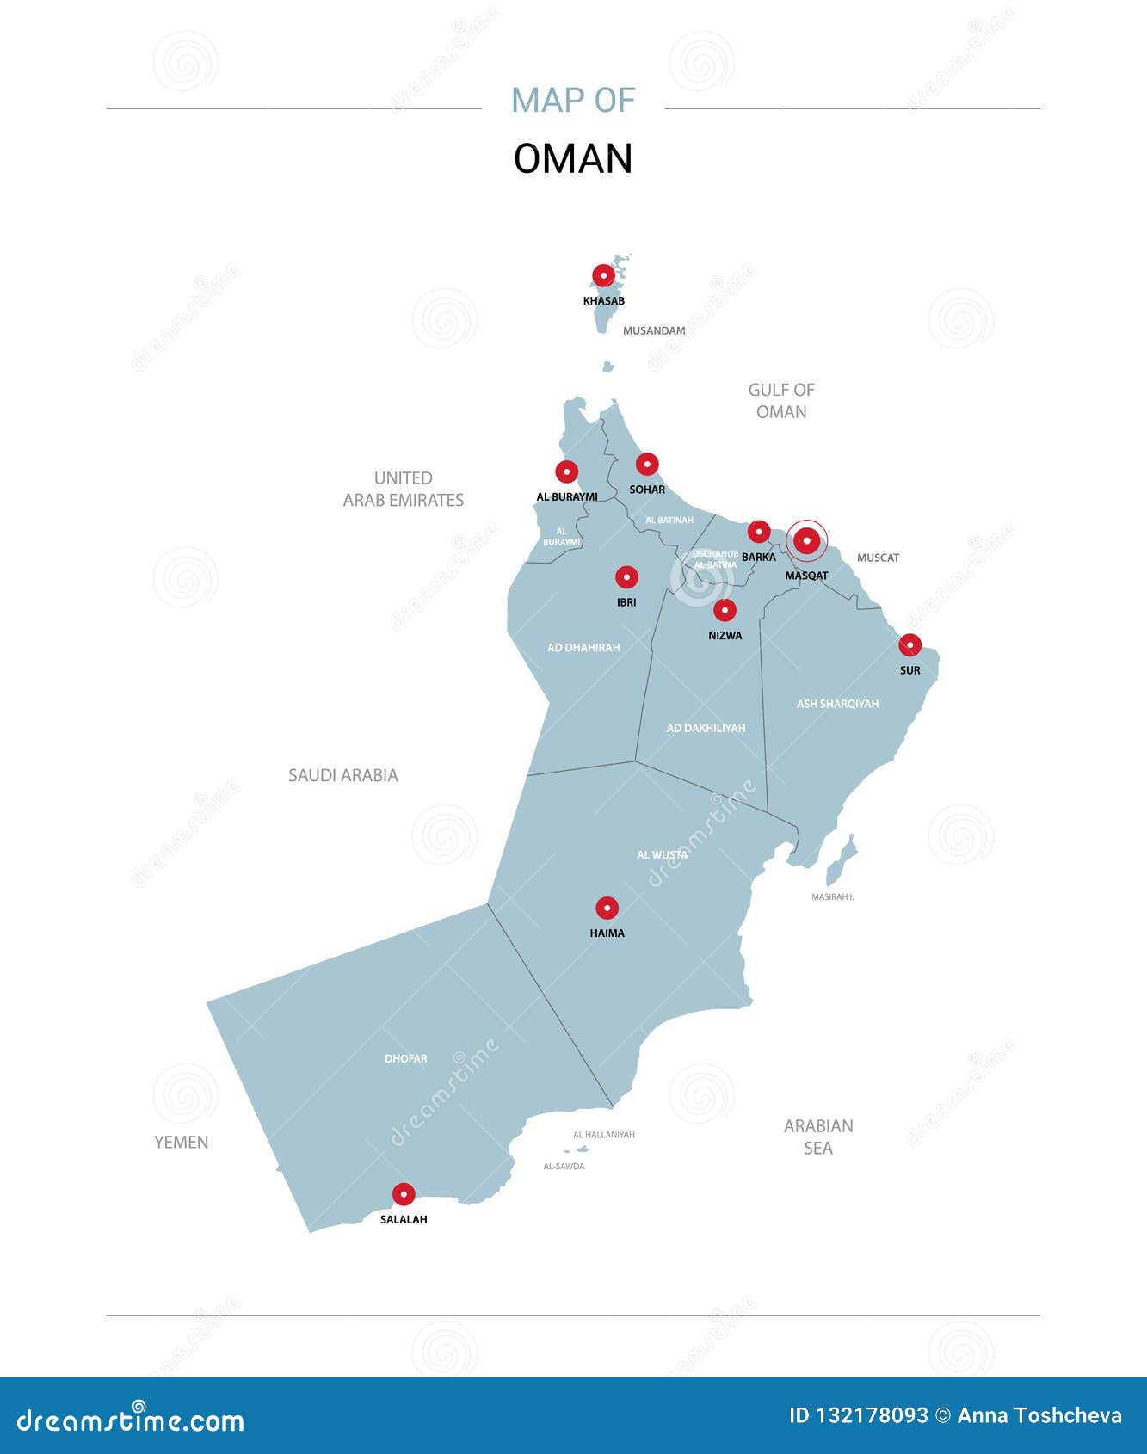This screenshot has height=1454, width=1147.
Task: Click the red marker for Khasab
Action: click(x=604, y=276)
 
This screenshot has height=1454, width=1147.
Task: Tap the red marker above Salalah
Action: click(x=404, y=1194)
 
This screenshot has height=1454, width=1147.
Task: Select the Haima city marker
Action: click(x=607, y=908)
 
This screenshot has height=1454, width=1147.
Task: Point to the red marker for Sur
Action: click(x=910, y=644)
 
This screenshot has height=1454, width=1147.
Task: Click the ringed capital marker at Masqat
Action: click(x=806, y=541)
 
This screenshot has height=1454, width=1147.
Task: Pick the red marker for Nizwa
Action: click(x=725, y=610)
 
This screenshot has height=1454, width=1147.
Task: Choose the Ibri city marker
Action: click(x=626, y=576)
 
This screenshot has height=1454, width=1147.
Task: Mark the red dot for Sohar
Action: click(x=647, y=465)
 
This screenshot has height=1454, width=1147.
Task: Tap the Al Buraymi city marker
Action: click(x=566, y=471)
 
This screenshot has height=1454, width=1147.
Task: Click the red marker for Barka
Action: click(x=758, y=531)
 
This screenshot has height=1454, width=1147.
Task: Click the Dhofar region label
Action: click(x=406, y=1058)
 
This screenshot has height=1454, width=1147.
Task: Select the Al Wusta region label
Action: click(x=662, y=855)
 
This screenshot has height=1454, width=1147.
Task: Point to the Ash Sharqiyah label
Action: click(x=837, y=704)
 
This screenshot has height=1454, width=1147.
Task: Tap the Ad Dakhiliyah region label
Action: click(x=706, y=728)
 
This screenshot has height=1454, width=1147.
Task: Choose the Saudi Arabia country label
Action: click(x=343, y=775)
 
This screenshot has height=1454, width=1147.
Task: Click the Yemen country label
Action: click(x=182, y=1142)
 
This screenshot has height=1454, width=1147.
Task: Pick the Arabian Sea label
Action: click(x=818, y=1137)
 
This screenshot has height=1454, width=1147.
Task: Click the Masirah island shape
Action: click(x=841, y=859)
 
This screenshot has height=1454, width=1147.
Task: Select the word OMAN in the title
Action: click(x=573, y=159)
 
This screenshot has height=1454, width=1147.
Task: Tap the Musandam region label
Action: click(x=654, y=330)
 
